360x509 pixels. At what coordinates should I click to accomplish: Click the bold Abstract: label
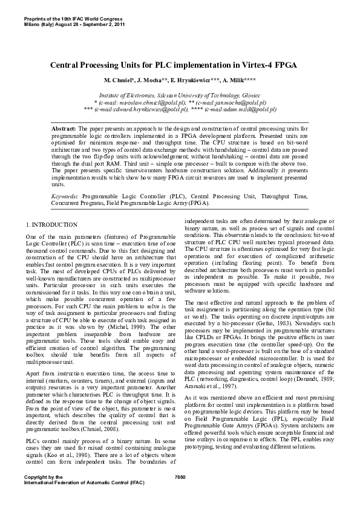click(64, 129)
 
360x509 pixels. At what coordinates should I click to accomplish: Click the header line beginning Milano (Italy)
click(74, 24)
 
